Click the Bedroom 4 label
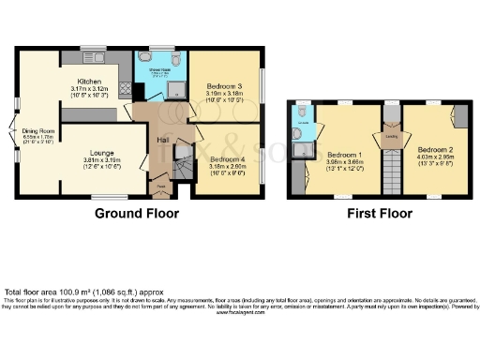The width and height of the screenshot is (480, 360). [227, 158]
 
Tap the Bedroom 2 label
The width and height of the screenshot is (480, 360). [437, 150]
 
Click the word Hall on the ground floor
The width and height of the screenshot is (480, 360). [161, 140]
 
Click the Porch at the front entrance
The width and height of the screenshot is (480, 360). [161, 186]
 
